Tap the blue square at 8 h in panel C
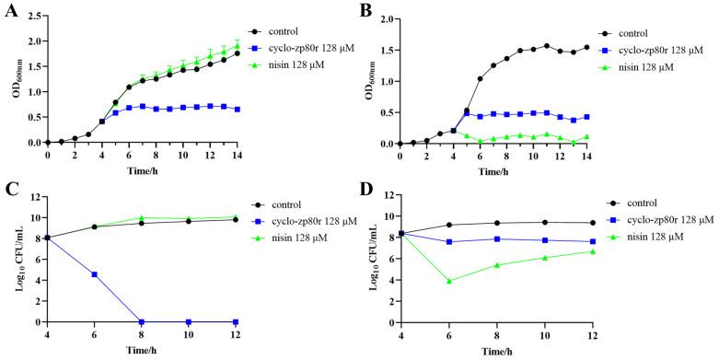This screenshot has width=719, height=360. click(143, 321)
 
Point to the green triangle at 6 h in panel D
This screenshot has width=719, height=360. click(448, 281)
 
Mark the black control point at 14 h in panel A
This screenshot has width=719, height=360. click(238, 53)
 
